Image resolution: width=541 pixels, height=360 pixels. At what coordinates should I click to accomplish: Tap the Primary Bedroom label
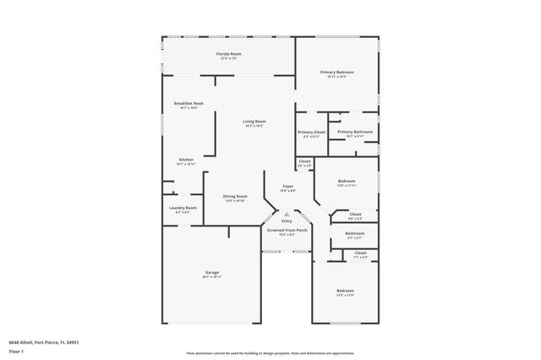(x=336, y=72)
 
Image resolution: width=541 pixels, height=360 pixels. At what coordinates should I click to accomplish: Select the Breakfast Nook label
(x=188, y=103)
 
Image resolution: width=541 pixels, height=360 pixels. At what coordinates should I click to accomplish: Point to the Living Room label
(x=254, y=121)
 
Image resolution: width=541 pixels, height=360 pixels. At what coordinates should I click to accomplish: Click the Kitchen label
(x=186, y=159)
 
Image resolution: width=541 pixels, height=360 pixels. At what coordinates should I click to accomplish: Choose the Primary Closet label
(x=311, y=132)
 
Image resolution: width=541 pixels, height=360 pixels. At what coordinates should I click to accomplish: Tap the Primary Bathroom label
(x=355, y=132)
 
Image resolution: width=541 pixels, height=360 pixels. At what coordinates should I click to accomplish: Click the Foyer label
(x=288, y=186)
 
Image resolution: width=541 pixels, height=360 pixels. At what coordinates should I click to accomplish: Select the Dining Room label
(x=235, y=196)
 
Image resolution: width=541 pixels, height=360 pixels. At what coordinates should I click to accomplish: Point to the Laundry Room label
(x=183, y=207)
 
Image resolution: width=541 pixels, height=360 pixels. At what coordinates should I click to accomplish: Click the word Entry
(x=287, y=221)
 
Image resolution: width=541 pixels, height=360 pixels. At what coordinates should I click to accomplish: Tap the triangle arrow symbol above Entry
(x=287, y=215)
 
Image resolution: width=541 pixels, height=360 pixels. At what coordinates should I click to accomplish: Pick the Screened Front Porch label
(x=287, y=230)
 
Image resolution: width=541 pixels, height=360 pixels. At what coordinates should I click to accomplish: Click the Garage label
(x=211, y=272)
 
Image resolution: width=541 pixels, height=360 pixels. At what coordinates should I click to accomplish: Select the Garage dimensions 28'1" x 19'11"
(x=211, y=277)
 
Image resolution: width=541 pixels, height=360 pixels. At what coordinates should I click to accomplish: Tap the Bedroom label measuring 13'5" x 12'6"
(x=345, y=291)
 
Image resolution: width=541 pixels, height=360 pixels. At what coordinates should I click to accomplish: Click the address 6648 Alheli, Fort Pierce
(x=44, y=341)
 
